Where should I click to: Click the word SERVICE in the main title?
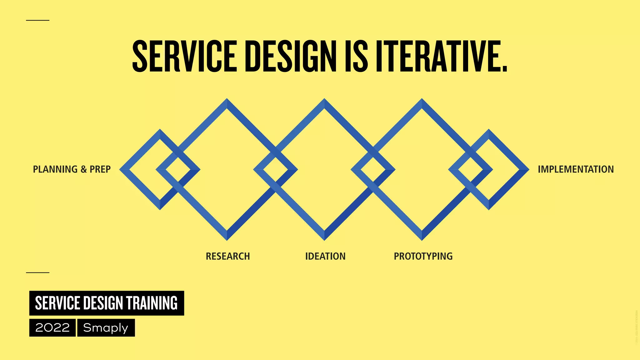(x=184, y=56)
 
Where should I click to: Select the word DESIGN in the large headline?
(x=291, y=56)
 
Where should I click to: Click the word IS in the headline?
(x=356, y=56)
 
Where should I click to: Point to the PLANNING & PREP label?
(x=72, y=169)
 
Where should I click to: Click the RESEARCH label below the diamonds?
(x=228, y=256)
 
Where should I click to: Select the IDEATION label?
(x=325, y=256)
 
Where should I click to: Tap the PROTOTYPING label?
(x=423, y=256)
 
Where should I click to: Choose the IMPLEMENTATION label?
(x=576, y=169)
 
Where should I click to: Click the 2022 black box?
(x=52, y=327)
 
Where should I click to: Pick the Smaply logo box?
(x=106, y=327)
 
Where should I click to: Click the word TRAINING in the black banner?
(x=152, y=303)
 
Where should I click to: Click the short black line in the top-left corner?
(x=37, y=20)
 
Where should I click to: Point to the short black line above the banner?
(x=37, y=272)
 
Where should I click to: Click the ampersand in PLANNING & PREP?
(x=83, y=169)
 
